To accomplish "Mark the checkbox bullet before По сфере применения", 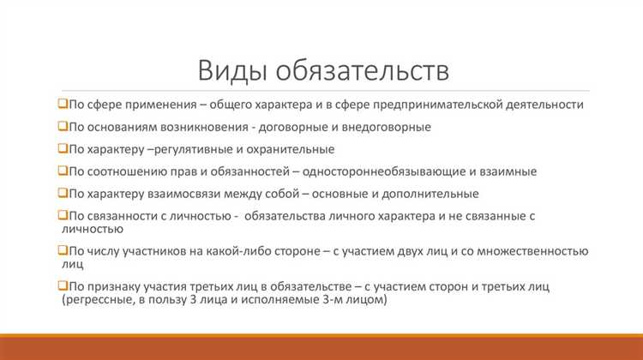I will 63,104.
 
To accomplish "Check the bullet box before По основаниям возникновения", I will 63,126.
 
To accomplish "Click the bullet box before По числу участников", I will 63,250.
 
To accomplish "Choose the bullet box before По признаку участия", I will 63,285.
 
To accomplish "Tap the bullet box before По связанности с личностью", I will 63,216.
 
